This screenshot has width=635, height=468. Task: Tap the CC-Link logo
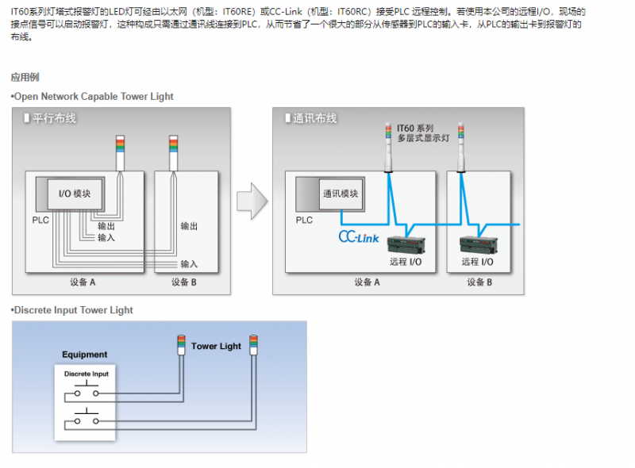click(359, 236)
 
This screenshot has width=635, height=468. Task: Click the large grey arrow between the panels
click(251, 201)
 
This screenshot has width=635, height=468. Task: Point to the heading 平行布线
click(54, 119)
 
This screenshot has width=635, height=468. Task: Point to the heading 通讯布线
click(314, 119)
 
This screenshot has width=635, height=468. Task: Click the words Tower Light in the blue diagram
click(216, 347)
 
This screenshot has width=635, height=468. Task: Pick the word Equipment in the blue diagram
click(85, 355)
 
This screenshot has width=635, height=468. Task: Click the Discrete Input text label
click(87, 374)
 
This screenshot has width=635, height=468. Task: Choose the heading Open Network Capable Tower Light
click(93, 97)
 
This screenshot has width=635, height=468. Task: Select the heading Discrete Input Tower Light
click(73, 310)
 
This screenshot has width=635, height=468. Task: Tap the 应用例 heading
click(25, 77)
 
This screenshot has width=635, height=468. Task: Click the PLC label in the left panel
click(40, 221)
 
